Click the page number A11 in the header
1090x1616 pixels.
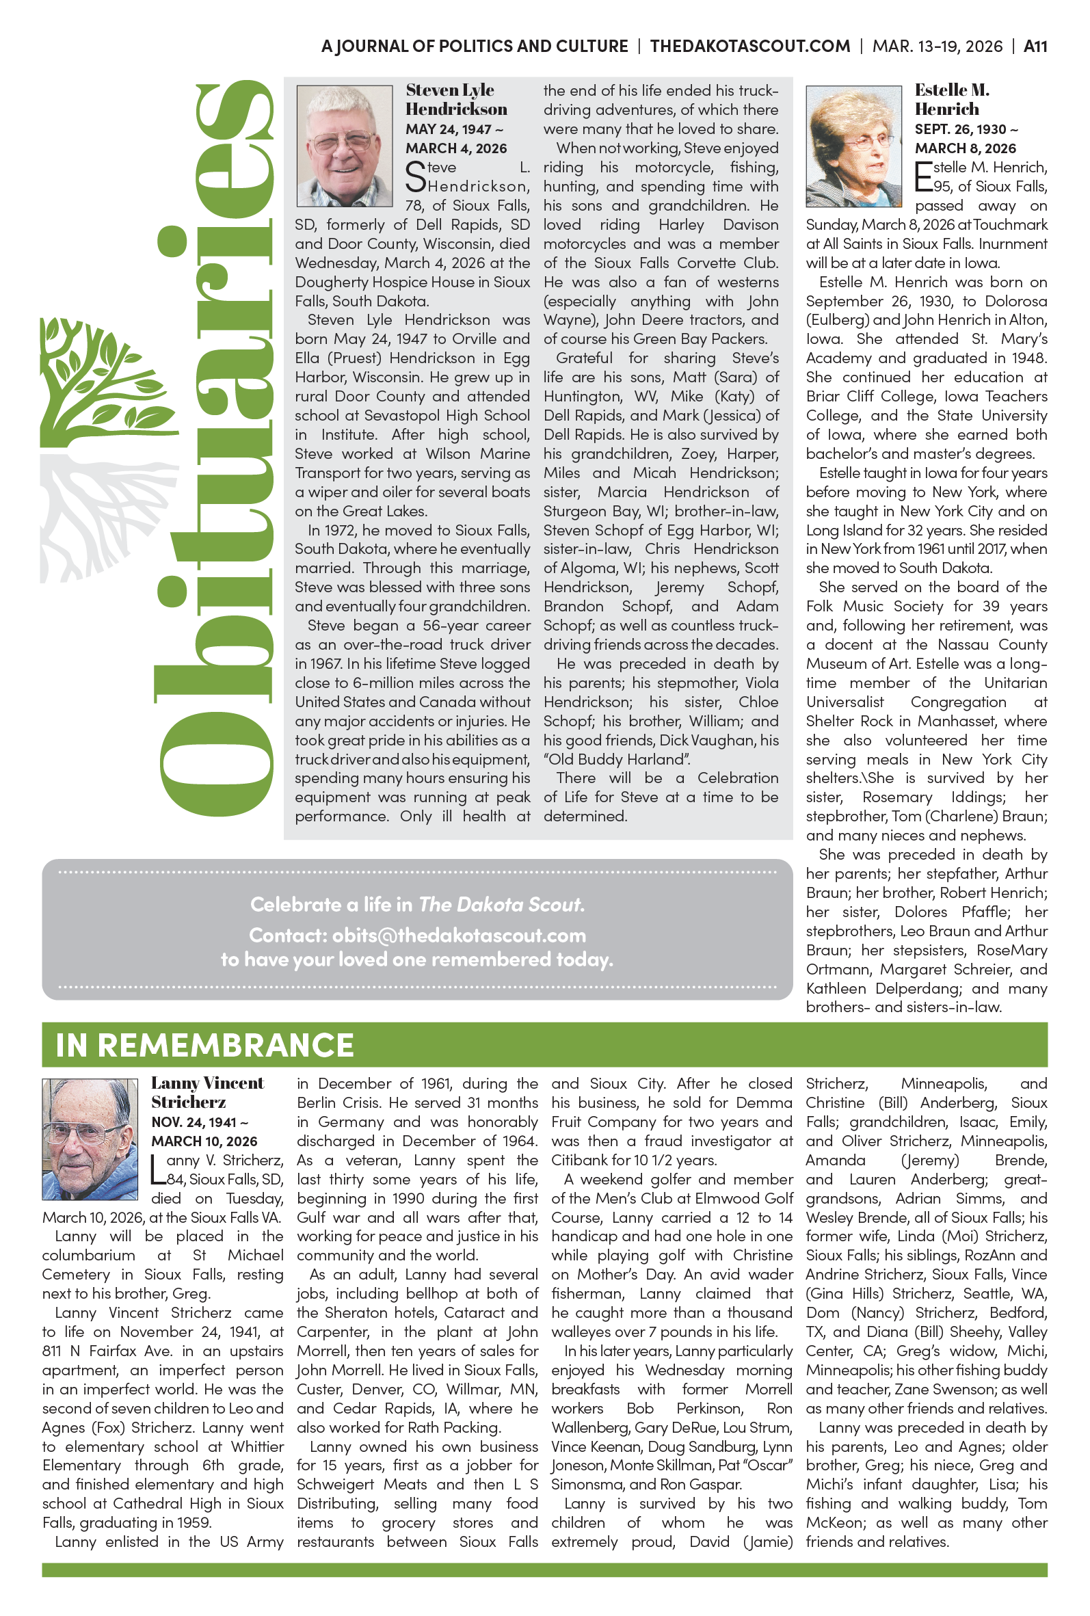tap(1035, 47)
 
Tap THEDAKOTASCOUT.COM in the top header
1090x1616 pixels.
tap(749, 47)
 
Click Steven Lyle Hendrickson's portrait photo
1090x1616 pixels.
tap(344, 146)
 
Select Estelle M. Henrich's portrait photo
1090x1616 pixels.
tap(853, 146)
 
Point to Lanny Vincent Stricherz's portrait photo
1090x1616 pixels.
tap(90, 1139)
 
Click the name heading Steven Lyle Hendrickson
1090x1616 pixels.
tap(456, 99)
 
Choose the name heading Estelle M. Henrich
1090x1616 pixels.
tap(952, 99)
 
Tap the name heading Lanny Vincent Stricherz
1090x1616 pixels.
tap(207, 1092)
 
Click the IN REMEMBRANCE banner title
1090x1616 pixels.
tap(205, 1045)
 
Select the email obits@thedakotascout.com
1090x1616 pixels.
tap(459, 935)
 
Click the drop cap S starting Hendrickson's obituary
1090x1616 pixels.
tap(415, 176)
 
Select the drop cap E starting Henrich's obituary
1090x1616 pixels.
tap(923, 176)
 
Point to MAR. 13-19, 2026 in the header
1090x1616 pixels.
tap(937, 47)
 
